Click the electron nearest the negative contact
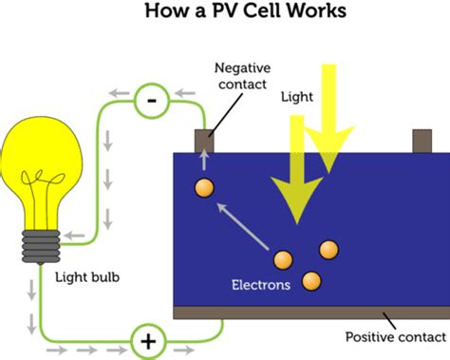tap(203, 187)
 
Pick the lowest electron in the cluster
tap(310, 280)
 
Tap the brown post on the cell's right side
tap(422, 141)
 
